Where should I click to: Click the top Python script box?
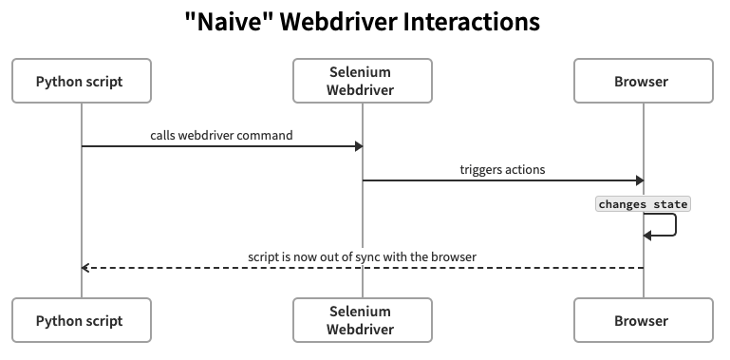pyautogui.click(x=80, y=82)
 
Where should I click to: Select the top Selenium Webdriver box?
pyautogui.click(x=362, y=82)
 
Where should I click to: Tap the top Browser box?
pyautogui.click(x=643, y=82)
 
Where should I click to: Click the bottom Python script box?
pyautogui.click(x=80, y=321)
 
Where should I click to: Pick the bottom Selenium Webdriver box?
pyautogui.click(x=362, y=321)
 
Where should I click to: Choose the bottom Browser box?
pyautogui.click(x=643, y=321)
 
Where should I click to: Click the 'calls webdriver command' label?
pyautogui.click(x=221, y=136)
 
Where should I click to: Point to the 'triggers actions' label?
pyautogui.click(x=502, y=170)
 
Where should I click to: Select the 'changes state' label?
pyautogui.click(x=643, y=204)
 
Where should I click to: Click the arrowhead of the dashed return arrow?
pyautogui.click(x=85, y=268)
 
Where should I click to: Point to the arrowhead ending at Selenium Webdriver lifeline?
pyautogui.click(x=358, y=146)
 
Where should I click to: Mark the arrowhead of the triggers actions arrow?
pyautogui.click(x=639, y=180)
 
